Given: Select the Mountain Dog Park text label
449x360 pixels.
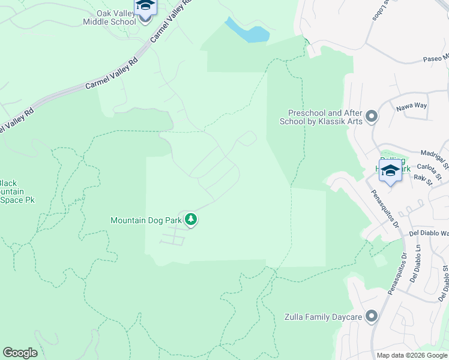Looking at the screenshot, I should click(x=145, y=220).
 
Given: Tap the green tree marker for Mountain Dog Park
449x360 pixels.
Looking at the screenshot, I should click(x=191, y=220).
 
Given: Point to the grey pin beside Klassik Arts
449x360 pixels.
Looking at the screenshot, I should click(x=372, y=116).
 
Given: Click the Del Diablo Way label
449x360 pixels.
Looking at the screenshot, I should click(x=429, y=233).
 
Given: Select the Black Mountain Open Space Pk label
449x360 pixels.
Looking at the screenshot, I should click(x=16, y=191).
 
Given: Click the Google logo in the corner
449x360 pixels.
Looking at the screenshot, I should click(x=20, y=353).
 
